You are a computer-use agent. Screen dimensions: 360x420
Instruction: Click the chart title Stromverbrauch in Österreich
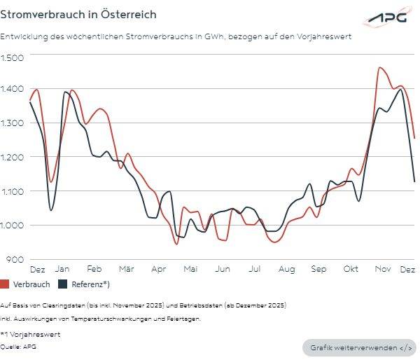pos(78,15)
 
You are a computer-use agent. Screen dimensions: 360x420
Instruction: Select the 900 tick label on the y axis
pos(15,260)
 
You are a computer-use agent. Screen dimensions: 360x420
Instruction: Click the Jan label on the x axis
pos(62,269)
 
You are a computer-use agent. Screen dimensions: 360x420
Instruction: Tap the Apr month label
pos(158,269)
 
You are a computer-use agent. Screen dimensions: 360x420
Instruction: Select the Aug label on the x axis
pos(286,269)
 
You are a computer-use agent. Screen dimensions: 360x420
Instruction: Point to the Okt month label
pos(351,269)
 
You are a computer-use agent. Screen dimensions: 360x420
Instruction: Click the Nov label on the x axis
pos(382,269)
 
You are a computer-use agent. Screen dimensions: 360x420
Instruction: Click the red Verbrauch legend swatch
pos(6,284)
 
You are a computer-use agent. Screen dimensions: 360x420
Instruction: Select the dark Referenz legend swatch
pos(63,284)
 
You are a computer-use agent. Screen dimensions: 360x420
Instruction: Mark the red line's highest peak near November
pos(380,68)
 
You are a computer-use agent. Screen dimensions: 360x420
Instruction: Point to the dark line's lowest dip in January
pos(51,210)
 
